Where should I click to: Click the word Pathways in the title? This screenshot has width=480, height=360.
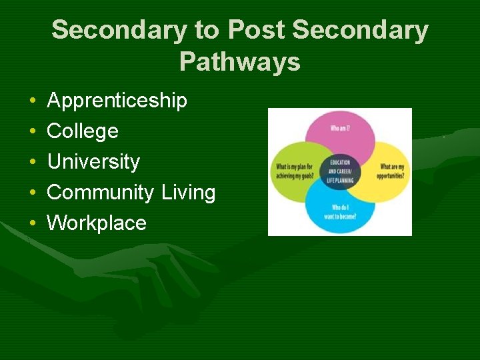point(239,62)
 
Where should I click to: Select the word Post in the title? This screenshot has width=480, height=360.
point(256,30)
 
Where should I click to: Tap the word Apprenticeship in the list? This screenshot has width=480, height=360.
point(117,101)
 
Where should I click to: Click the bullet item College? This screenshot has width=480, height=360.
point(83,131)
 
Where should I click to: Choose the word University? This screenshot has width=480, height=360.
point(93,161)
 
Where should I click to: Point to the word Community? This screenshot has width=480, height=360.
point(100,192)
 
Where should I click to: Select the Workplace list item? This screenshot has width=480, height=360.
point(97,223)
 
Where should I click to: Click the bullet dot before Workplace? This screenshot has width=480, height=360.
point(33,223)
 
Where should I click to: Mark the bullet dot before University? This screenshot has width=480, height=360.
point(33,163)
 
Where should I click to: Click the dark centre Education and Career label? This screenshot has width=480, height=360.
point(339,171)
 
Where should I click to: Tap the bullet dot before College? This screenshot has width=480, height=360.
point(33,132)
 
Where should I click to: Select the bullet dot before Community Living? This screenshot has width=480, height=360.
point(33,193)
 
